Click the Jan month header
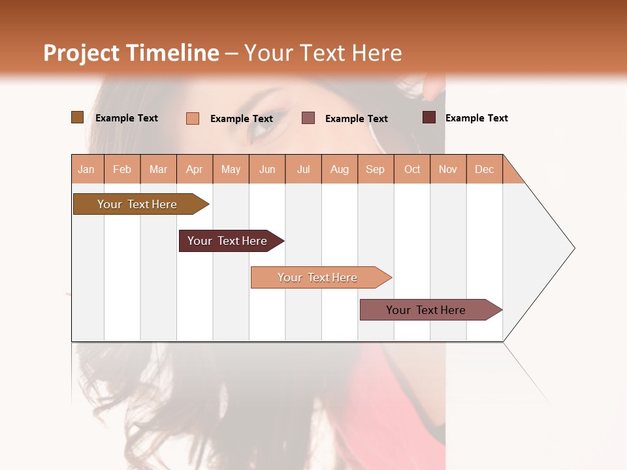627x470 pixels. click(x=87, y=169)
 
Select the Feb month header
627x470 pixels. click(x=122, y=169)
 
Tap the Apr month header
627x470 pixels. click(x=195, y=169)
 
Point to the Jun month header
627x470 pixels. click(x=267, y=169)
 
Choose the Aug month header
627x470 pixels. click(x=340, y=169)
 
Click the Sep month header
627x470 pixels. click(x=376, y=169)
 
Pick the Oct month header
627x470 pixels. click(x=412, y=169)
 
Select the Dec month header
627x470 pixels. click(x=485, y=169)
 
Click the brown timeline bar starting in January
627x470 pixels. click(x=137, y=204)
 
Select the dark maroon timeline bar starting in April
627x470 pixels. click(x=227, y=241)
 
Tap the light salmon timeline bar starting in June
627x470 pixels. click(x=317, y=277)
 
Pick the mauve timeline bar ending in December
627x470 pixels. click(x=426, y=310)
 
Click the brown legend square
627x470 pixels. click(x=78, y=117)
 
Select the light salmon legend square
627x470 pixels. click(x=193, y=118)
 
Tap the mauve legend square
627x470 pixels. click(x=308, y=118)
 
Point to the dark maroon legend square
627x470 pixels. click(x=429, y=117)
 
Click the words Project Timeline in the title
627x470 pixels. click(x=131, y=53)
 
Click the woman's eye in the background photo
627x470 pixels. click(x=263, y=124)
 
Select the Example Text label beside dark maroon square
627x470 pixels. click(x=476, y=118)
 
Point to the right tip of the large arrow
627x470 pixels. click(x=573, y=248)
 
